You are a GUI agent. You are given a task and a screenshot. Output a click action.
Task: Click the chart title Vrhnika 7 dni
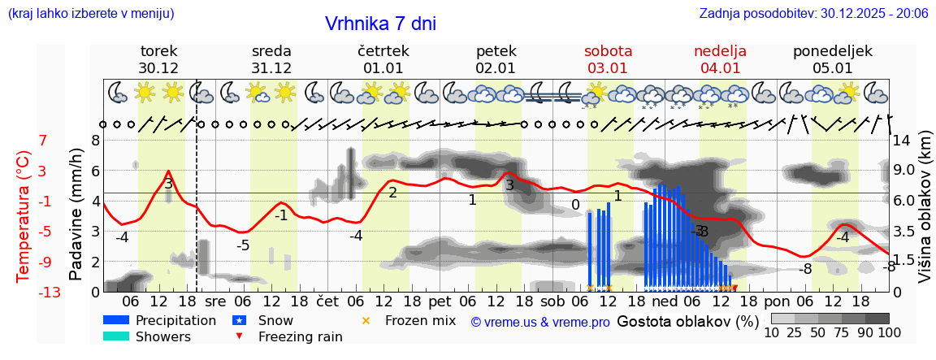click(x=380, y=24)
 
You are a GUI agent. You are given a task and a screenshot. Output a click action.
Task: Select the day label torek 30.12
click(x=158, y=59)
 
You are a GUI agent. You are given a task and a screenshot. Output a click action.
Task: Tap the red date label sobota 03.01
click(x=608, y=59)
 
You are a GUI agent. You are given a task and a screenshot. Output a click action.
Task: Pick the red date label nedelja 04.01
click(x=720, y=59)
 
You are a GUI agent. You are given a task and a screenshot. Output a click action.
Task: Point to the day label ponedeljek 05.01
click(x=832, y=59)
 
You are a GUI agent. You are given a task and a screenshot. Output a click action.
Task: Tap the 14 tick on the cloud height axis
click(x=902, y=140)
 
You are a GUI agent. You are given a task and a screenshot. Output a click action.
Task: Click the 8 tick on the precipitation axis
click(x=95, y=140)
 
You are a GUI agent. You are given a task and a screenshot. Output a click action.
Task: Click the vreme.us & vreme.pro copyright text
click(x=540, y=322)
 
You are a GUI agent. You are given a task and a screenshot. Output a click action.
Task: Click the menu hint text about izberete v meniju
click(x=91, y=13)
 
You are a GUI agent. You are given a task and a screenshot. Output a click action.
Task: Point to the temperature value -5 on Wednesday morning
click(x=243, y=245)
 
